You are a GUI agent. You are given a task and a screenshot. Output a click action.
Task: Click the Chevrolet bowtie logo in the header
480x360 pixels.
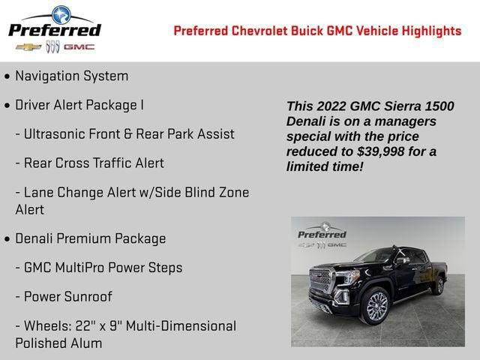(x=28, y=46)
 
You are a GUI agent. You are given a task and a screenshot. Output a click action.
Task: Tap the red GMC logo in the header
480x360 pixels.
(x=79, y=46)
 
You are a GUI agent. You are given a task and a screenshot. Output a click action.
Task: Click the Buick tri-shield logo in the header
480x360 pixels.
(x=52, y=46)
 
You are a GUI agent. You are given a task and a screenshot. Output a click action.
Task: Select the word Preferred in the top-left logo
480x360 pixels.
(x=54, y=29)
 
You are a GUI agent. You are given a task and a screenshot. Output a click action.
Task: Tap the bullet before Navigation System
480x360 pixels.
(x=7, y=76)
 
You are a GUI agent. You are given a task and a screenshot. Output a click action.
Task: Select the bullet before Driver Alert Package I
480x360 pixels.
(x=7, y=106)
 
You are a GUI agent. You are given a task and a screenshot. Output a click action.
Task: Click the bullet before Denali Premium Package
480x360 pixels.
(x=7, y=239)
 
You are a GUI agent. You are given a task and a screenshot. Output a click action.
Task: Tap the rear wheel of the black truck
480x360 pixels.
(x=438, y=286)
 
